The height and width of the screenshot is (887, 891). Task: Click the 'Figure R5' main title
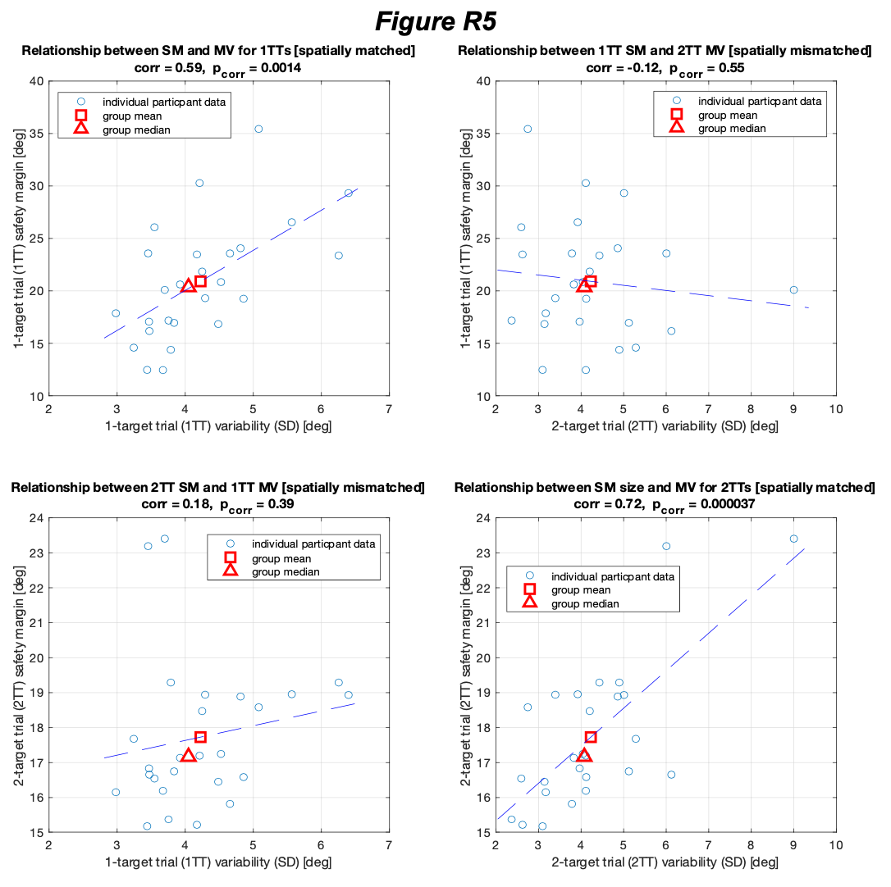coord(445,20)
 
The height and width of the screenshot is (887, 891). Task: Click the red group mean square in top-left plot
coord(200,281)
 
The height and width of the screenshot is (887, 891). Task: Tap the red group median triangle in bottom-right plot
coord(584,755)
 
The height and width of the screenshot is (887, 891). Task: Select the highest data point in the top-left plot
coord(258,129)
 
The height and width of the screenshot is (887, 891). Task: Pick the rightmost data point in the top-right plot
coord(793,289)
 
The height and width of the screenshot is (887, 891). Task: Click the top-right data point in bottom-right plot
coord(793,539)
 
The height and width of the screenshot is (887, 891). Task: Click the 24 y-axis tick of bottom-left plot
coord(37,518)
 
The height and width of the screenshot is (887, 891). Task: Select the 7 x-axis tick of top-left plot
coord(388,411)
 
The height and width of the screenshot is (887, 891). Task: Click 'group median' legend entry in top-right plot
coord(732,128)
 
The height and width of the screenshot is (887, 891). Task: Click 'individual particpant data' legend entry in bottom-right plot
coord(613,576)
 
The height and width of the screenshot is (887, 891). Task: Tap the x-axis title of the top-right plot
coord(665,426)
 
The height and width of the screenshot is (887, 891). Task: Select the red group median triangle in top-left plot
coord(188,285)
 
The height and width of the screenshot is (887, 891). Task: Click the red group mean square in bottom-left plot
coord(200,737)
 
